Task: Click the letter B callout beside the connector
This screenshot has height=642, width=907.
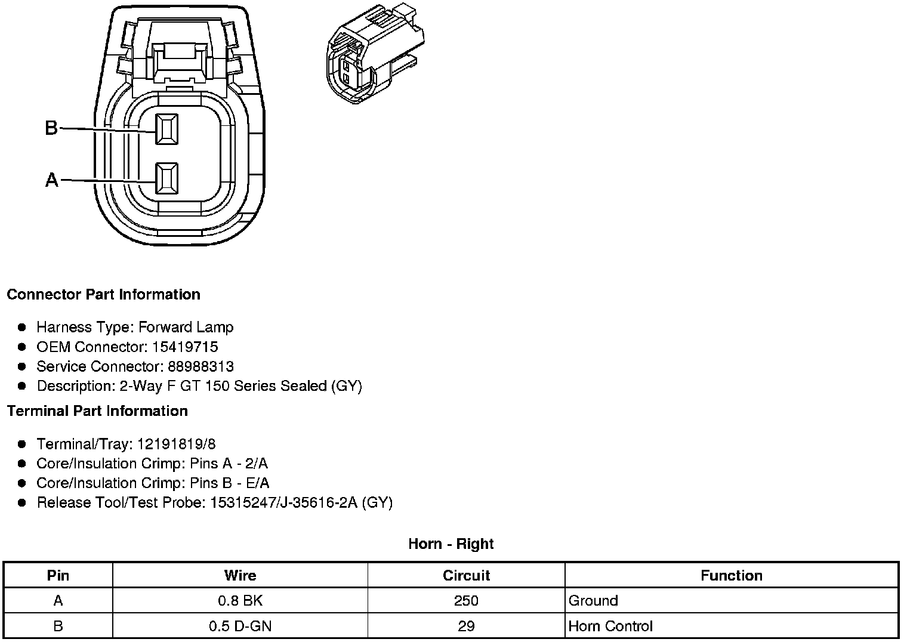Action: tap(51, 128)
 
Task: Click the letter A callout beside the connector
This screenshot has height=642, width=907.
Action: tap(52, 180)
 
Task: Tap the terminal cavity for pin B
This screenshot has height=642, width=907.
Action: tap(166, 128)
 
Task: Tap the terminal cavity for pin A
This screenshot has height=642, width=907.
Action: tap(166, 178)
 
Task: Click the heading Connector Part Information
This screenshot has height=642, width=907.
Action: tap(103, 295)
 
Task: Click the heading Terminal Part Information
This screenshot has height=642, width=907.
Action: tap(97, 411)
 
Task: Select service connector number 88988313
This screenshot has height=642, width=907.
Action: tap(199, 366)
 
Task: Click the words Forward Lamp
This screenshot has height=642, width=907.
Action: tap(186, 327)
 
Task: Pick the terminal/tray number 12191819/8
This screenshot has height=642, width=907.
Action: tap(177, 444)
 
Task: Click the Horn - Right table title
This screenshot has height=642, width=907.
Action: tap(451, 544)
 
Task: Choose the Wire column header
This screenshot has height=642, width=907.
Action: tap(240, 576)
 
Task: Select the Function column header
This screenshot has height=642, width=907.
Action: tap(731, 576)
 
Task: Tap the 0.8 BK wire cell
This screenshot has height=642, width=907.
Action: tap(240, 601)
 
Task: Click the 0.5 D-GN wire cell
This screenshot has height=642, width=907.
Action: tap(240, 626)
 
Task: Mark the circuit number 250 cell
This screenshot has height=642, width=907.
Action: tap(466, 601)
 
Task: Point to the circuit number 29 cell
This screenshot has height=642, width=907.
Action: tap(466, 626)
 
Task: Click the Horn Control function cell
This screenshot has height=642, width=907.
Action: tap(610, 626)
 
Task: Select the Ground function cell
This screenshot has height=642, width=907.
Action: tap(593, 601)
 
